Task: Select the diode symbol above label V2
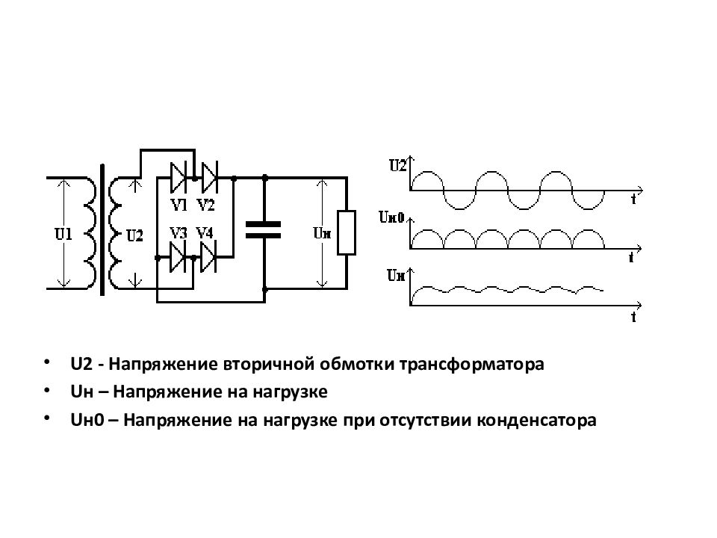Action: coord(210,178)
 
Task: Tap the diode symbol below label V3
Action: coord(178,258)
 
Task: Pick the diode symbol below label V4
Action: coord(208,258)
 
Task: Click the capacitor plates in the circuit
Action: coord(264,230)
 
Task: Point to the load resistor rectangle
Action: coord(347,232)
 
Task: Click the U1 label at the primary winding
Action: coord(63,234)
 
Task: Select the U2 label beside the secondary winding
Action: coord(134,235)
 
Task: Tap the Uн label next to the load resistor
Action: coord(322,233)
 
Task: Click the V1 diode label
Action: coord(179,205)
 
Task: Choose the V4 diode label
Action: coord(205,233)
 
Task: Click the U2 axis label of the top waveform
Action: coord(397,165)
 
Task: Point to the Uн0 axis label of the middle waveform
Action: coord(392,217)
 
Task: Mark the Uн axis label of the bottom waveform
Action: coord(396,276)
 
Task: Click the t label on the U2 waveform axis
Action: coord(633,199)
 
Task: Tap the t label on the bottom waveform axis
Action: coord(633,317)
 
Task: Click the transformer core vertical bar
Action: coord(102,230)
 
